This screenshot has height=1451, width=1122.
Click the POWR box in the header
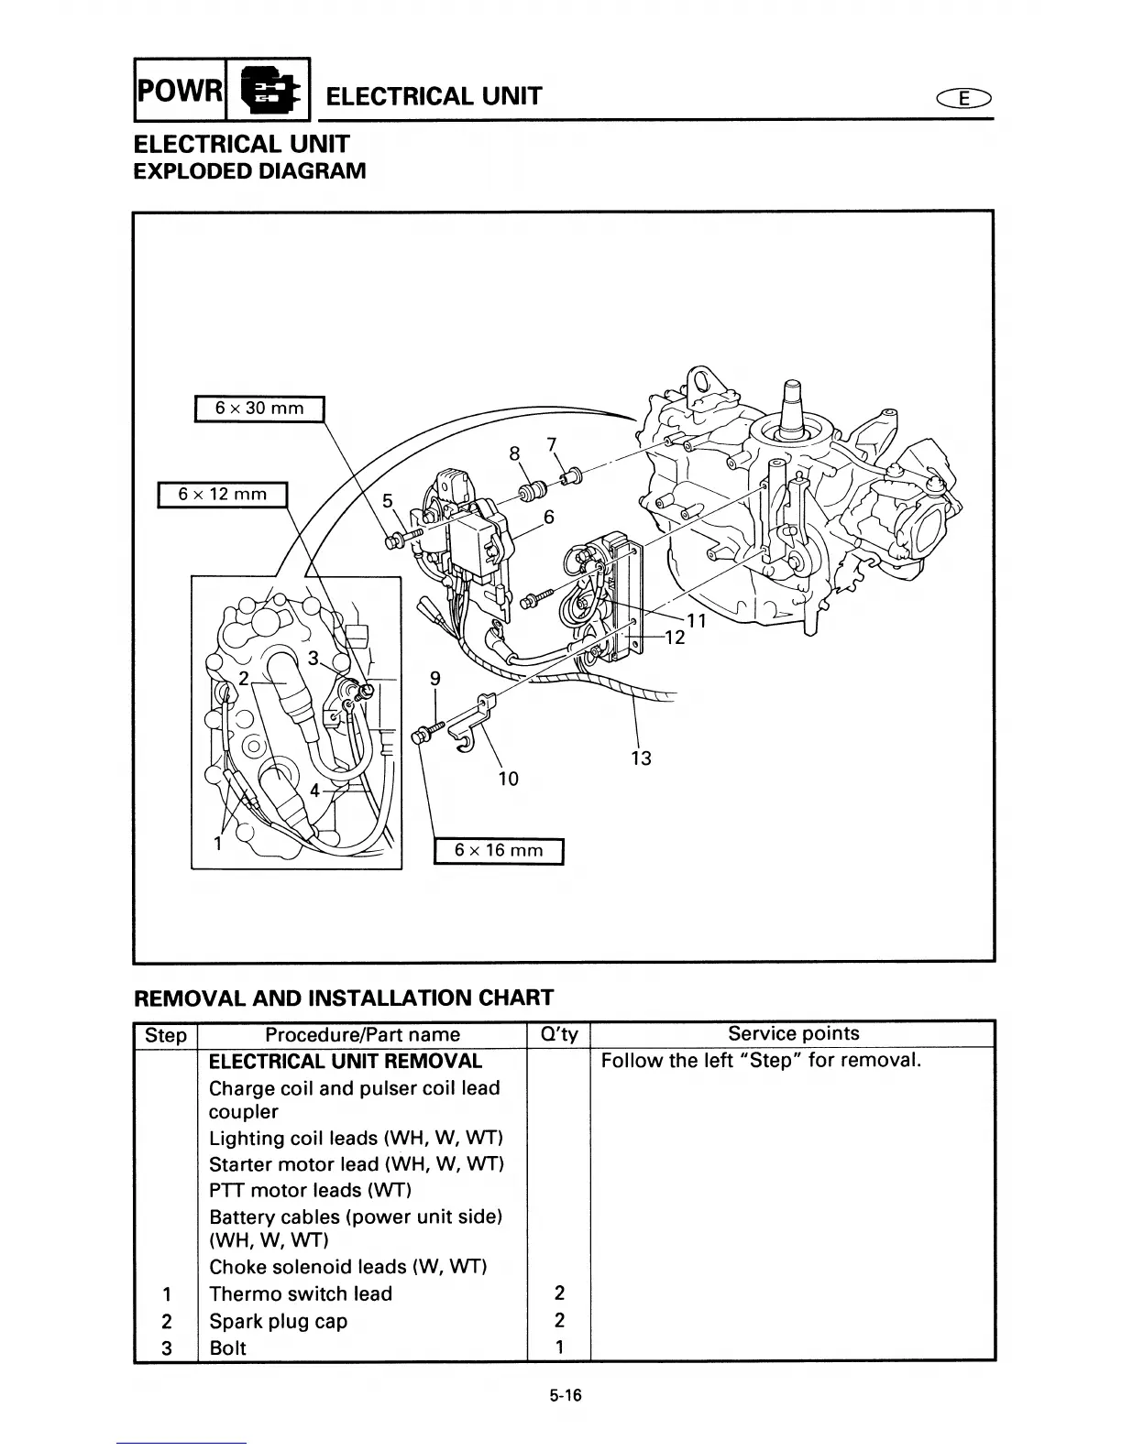(180, 91)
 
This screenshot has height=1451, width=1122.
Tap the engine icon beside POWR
(269, 91)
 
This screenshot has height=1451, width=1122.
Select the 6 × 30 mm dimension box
(259, 408)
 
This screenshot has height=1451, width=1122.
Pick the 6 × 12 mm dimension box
(223, 495)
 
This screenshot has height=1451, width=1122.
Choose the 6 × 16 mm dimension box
(499, 850)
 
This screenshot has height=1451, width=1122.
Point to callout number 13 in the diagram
(641, 758)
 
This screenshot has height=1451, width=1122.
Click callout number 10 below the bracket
(508, 779)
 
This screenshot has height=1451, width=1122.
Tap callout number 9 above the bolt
(435, 678)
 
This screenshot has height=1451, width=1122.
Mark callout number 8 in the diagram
(514, 453)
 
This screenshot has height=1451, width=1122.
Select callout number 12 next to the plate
(675, 638)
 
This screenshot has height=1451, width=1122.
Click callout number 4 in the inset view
(315, 790)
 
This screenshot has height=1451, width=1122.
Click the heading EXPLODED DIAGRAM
(249, 171)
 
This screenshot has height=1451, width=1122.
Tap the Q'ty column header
(559, 1034)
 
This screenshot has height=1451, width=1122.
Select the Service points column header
(793, 1033)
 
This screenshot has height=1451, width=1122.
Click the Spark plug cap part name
(278, 1321)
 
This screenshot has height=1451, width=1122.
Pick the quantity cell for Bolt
(559, 1347)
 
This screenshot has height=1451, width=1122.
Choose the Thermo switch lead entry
(300, 1293)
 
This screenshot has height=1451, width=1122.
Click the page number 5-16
(566, 1396)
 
